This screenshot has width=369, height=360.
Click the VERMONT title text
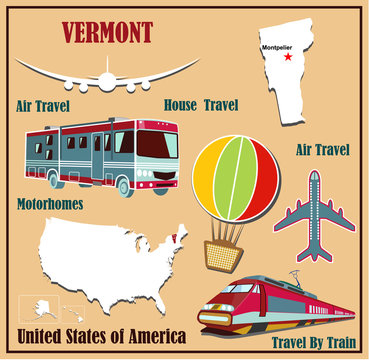pos(107,32)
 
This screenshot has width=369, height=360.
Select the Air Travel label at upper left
pos(49,104)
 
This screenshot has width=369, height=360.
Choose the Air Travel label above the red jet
pos(323,150)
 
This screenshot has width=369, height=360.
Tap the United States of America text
pos(97,334)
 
